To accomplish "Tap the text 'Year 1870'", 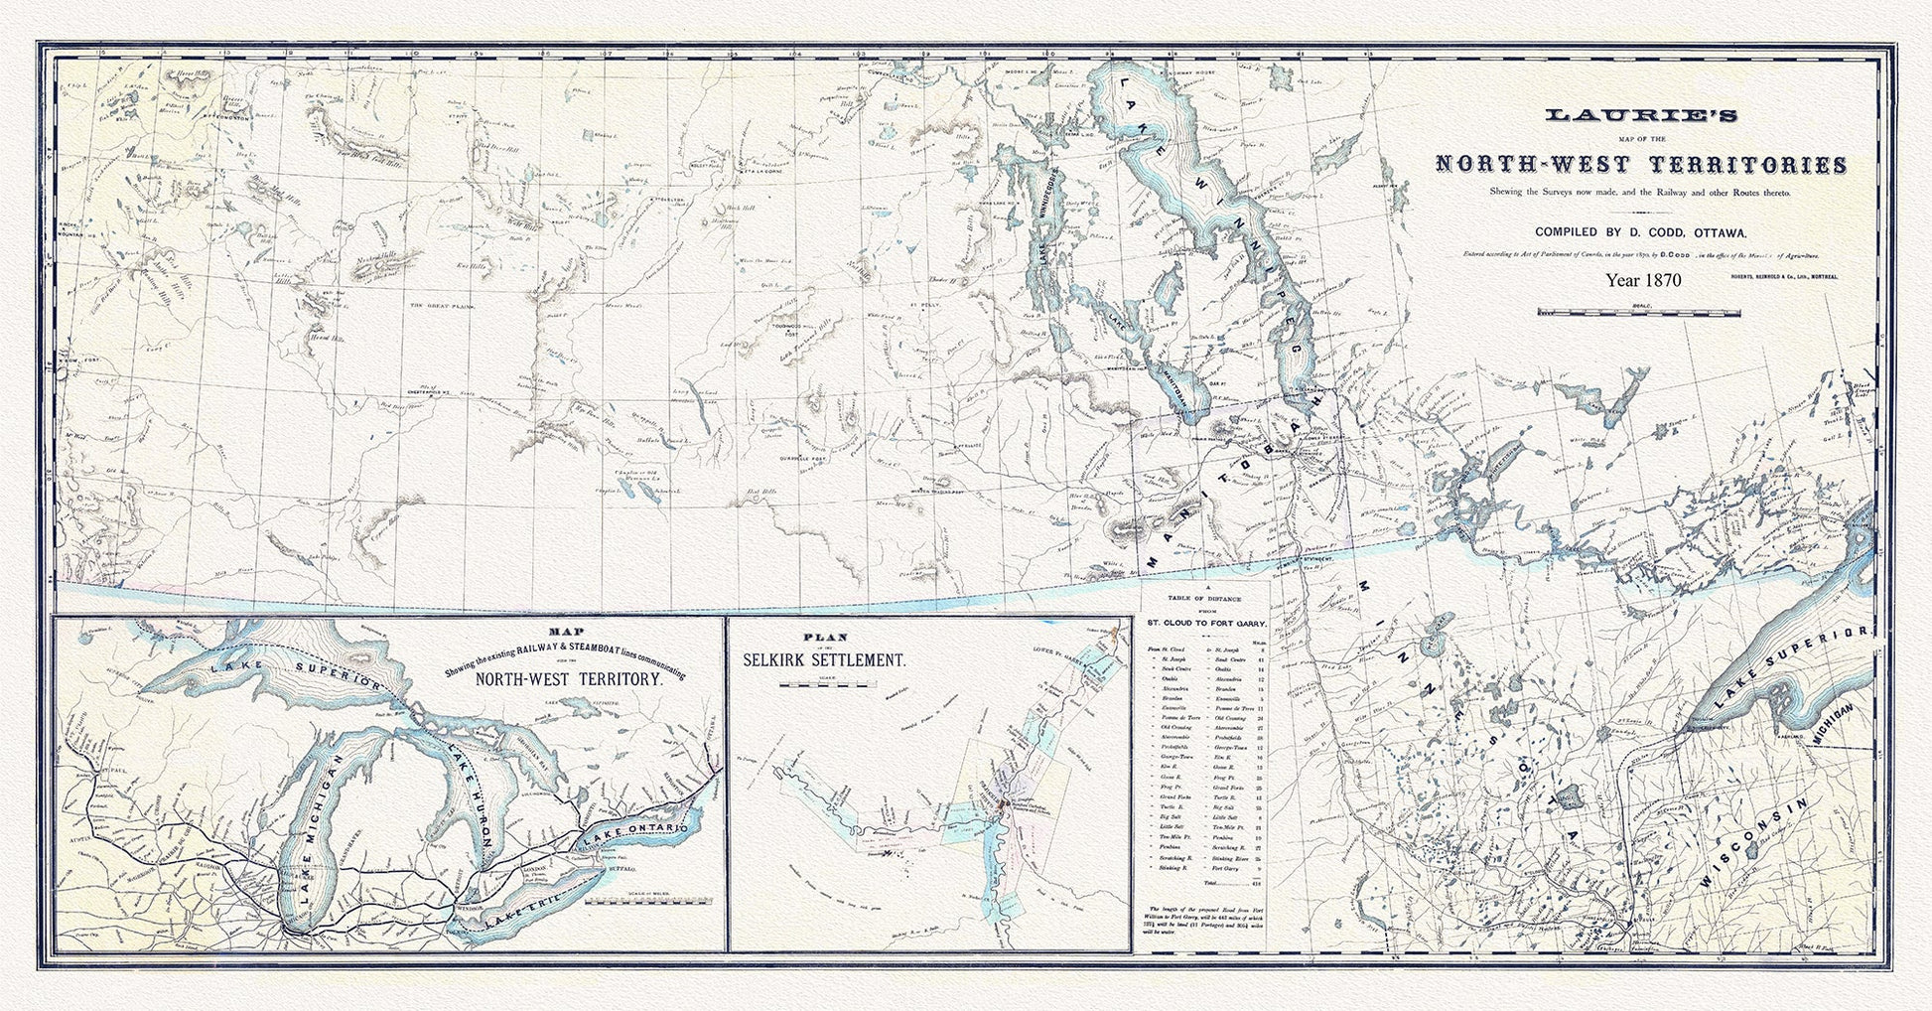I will [1643, 280].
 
